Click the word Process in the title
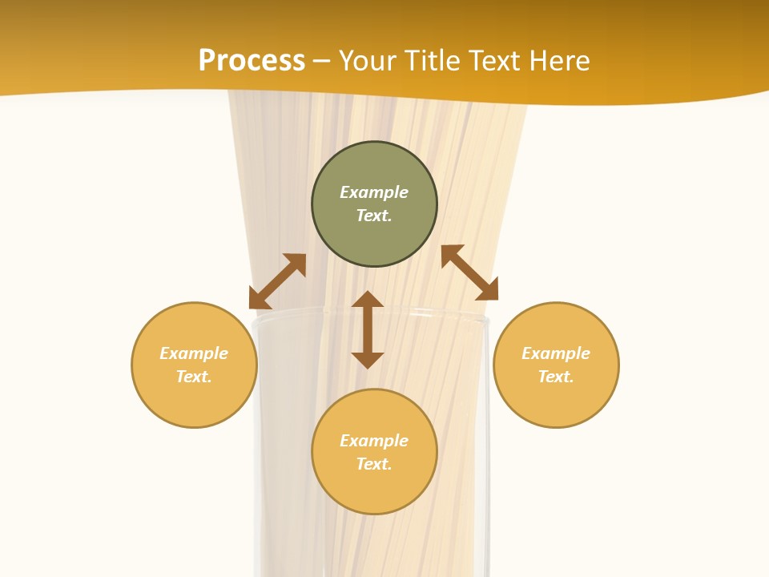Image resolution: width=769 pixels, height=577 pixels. pos(252,60)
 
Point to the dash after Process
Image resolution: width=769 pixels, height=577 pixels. pos(322,62)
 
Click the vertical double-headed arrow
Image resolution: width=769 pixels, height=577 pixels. pos(368,329)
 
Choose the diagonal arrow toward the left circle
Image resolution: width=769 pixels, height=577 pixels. pos(277,281)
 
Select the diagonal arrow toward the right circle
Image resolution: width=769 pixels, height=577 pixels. pos(469,272)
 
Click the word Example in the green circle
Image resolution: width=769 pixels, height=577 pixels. pos(374,192)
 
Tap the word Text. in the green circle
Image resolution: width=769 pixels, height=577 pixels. pos(374,216)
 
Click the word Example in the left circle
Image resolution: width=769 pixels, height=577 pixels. pos(194,353)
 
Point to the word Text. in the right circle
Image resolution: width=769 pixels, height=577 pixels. pos(556,377)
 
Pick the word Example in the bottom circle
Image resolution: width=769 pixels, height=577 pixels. pos(374,441)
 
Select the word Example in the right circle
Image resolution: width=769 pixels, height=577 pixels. pos(556,353)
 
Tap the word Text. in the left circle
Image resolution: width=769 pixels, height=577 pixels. pos(194,377)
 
